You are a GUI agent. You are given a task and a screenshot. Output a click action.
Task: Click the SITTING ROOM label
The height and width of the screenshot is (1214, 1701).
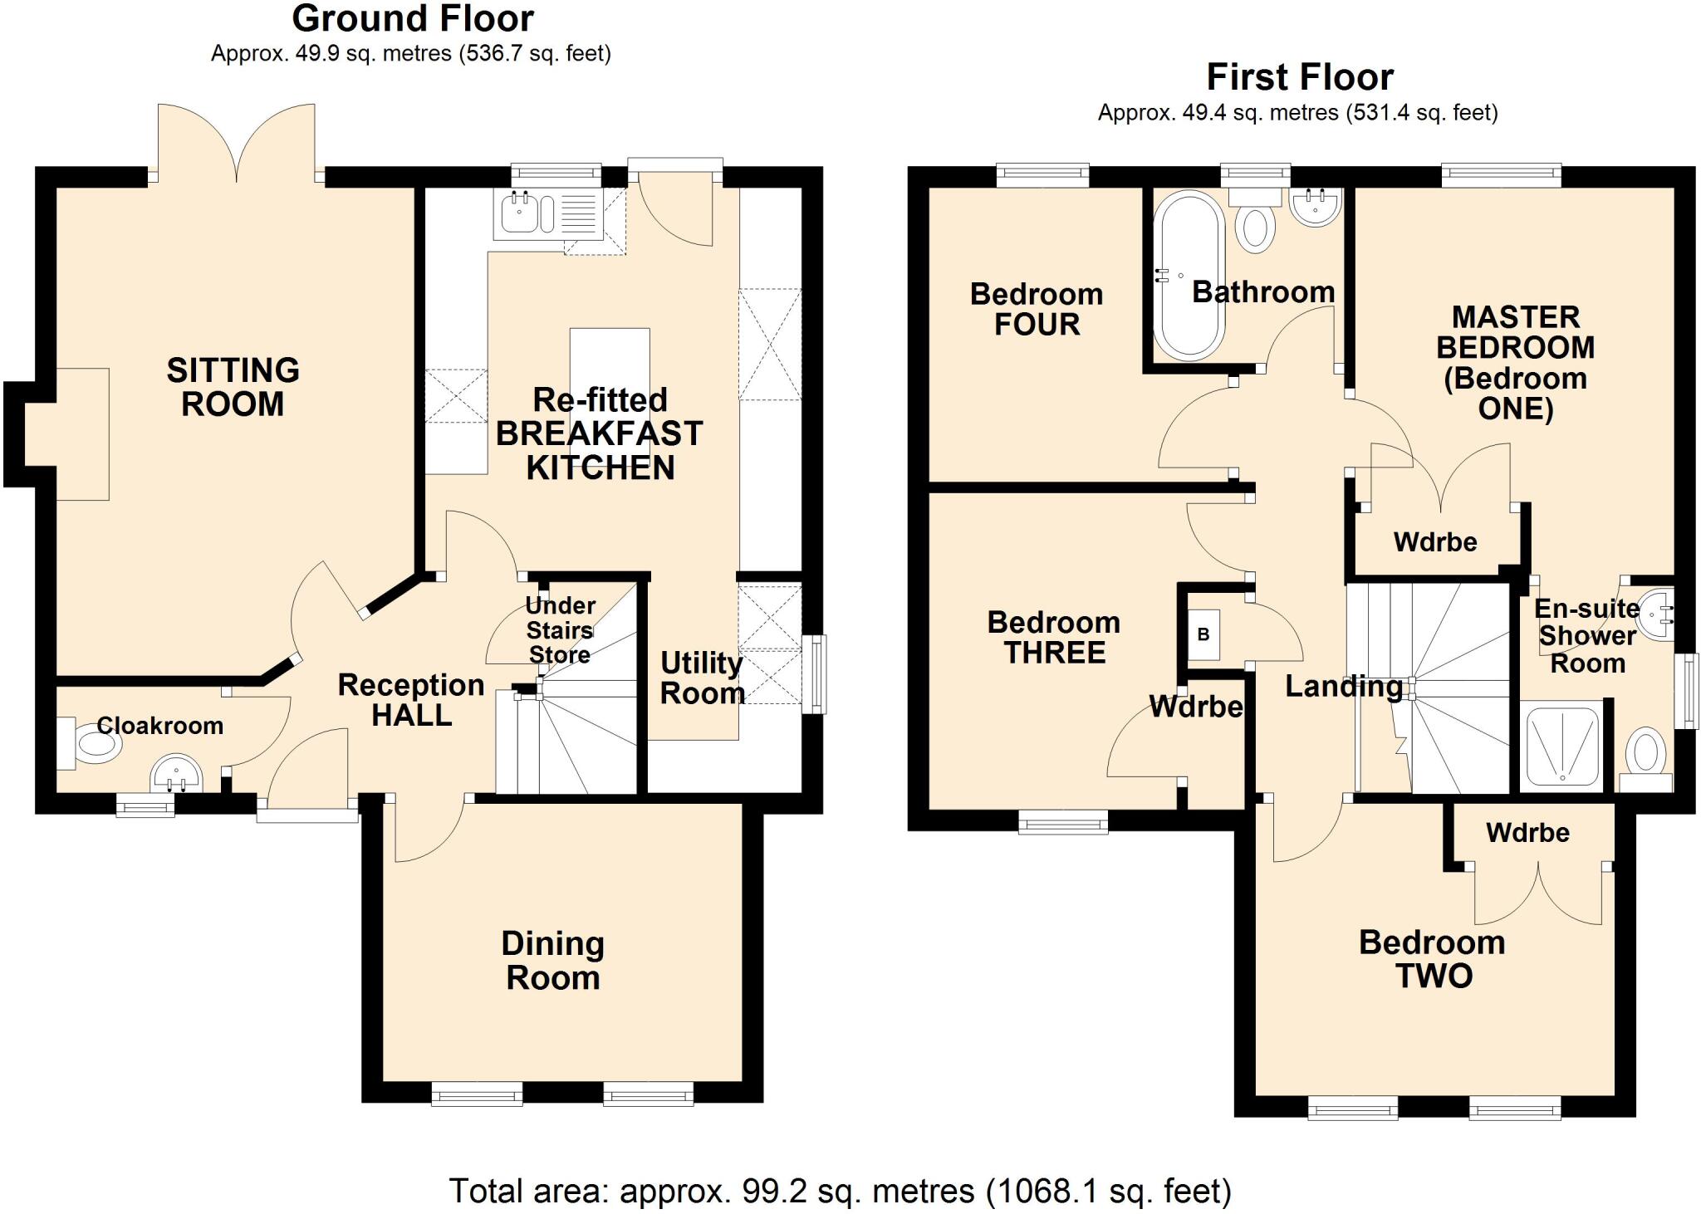[x=233, y=387]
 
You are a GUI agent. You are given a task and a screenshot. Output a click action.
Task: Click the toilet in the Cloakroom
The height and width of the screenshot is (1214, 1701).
[x=93, y=742]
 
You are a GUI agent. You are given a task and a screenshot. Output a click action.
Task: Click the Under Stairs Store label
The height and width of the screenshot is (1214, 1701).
[x=560, y=629]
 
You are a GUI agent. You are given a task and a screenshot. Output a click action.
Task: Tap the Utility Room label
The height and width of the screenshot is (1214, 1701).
[x=702, y=678]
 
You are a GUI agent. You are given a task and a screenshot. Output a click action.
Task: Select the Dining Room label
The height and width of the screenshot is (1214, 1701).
[x=552, y=960]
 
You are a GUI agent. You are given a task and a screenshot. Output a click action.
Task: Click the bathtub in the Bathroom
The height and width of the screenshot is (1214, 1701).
[x=1189, y=276]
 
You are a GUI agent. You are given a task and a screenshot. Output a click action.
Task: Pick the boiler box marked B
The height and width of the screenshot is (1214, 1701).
[x=1203, y=634]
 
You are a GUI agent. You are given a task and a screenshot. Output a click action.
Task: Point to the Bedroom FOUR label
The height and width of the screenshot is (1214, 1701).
[x=1037, y=309]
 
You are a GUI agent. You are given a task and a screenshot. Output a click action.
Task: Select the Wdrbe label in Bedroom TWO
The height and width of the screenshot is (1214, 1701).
[x=1527, y=832]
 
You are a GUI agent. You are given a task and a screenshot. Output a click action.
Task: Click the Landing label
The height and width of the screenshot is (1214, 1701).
[x=1343, y=686]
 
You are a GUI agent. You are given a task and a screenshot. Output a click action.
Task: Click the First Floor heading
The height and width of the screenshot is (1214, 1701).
[x=1299, y=77]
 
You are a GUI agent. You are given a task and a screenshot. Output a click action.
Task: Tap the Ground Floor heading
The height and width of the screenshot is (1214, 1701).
[x=412, y=18]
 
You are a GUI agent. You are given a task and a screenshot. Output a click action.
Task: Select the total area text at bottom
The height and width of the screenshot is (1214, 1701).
[x=839, y=1191]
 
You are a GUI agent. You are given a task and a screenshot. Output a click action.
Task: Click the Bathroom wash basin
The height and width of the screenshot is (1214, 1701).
[x=1315, y=206]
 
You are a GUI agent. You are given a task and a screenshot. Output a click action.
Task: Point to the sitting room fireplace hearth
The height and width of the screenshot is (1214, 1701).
[x=81, y=433]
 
